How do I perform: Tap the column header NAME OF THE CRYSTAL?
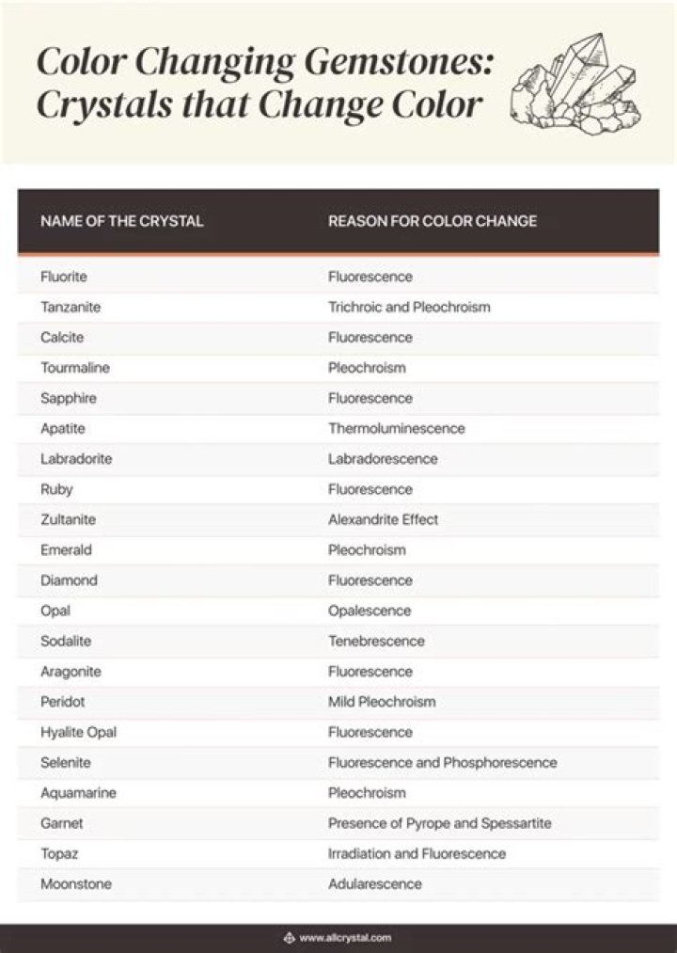[x=122, y=221]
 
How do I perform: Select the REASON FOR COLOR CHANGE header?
[x=433, y=221]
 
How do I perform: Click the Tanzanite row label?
[x=71, y=307]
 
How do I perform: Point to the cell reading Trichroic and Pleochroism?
[x=409, y=307]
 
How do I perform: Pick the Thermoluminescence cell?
[x=396, y=428]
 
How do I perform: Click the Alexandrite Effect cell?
[x=383, y=519]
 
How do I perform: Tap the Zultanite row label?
[x=68, y=519]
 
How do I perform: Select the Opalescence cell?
[x=370, y=611]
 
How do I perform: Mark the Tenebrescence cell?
[x=376, y=641]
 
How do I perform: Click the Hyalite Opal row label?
[x=78, y=732]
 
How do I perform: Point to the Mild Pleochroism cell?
[x=382, y=702]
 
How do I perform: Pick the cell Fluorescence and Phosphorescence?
[x=442, y=762]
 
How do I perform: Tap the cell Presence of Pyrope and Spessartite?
[x=439, y=823]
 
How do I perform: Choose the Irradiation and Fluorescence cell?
[x=417, y=853]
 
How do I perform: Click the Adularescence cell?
[x=374, y=883]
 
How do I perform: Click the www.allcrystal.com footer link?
[x=345, y=938]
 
